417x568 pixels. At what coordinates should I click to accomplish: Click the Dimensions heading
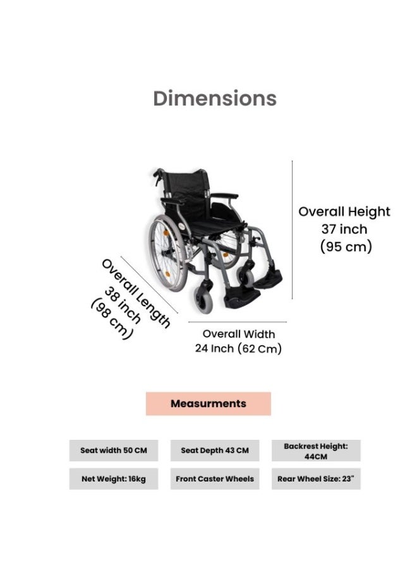[x=215, y=98]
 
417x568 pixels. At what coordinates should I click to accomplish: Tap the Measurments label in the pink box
[x=208, y=403]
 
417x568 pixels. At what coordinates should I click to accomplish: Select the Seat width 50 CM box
[x=114, y=451]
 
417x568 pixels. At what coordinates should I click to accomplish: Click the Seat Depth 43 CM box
[x=215, y=451]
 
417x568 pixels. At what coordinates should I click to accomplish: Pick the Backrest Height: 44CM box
[x=316, y=451]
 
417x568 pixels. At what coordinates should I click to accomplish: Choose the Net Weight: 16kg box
[x=114, y=479]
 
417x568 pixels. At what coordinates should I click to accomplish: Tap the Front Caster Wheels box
[x=215, y=479]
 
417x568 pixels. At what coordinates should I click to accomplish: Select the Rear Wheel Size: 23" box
[x=316, y=479]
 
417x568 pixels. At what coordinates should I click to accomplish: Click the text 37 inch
[x=344, y=229]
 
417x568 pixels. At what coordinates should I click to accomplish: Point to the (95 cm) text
[x=346, y=246]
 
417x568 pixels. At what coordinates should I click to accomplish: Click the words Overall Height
[x=344, y=211]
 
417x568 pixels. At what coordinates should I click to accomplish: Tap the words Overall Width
[x=239, y=334]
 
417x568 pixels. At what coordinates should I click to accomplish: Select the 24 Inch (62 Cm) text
[x=238, y=348]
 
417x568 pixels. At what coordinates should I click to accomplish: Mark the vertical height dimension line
[x=293, y=230]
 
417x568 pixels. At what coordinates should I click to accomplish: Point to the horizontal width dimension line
[x=238, y=322]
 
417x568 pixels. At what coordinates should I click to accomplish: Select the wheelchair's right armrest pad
[x=224, y=196]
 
